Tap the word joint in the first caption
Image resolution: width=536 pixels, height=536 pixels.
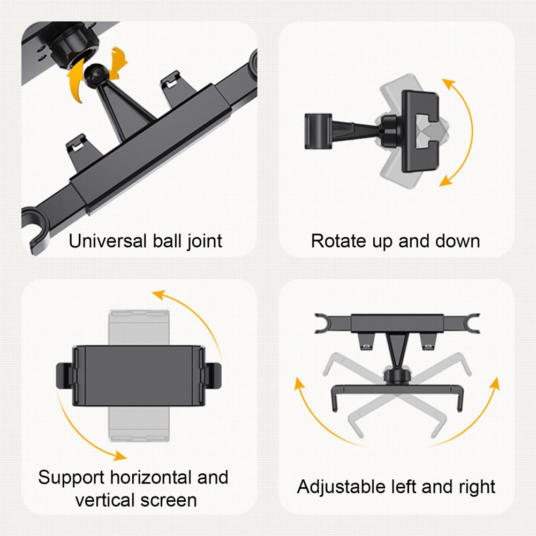(202, 241)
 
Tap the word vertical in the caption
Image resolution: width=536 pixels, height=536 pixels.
(105, 500)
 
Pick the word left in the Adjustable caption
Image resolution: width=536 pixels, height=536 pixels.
(401, 487)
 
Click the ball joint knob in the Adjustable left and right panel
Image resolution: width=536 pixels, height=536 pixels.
(396, 373)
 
